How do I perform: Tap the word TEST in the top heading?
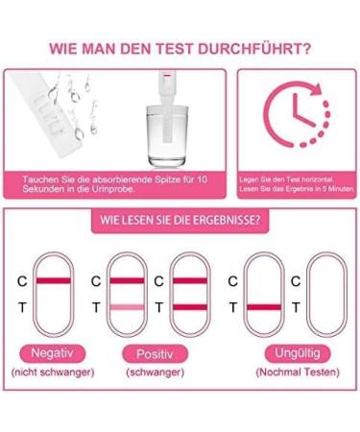169,47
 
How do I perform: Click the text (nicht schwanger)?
54,372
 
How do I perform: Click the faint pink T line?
127,306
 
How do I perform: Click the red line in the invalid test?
268,306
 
